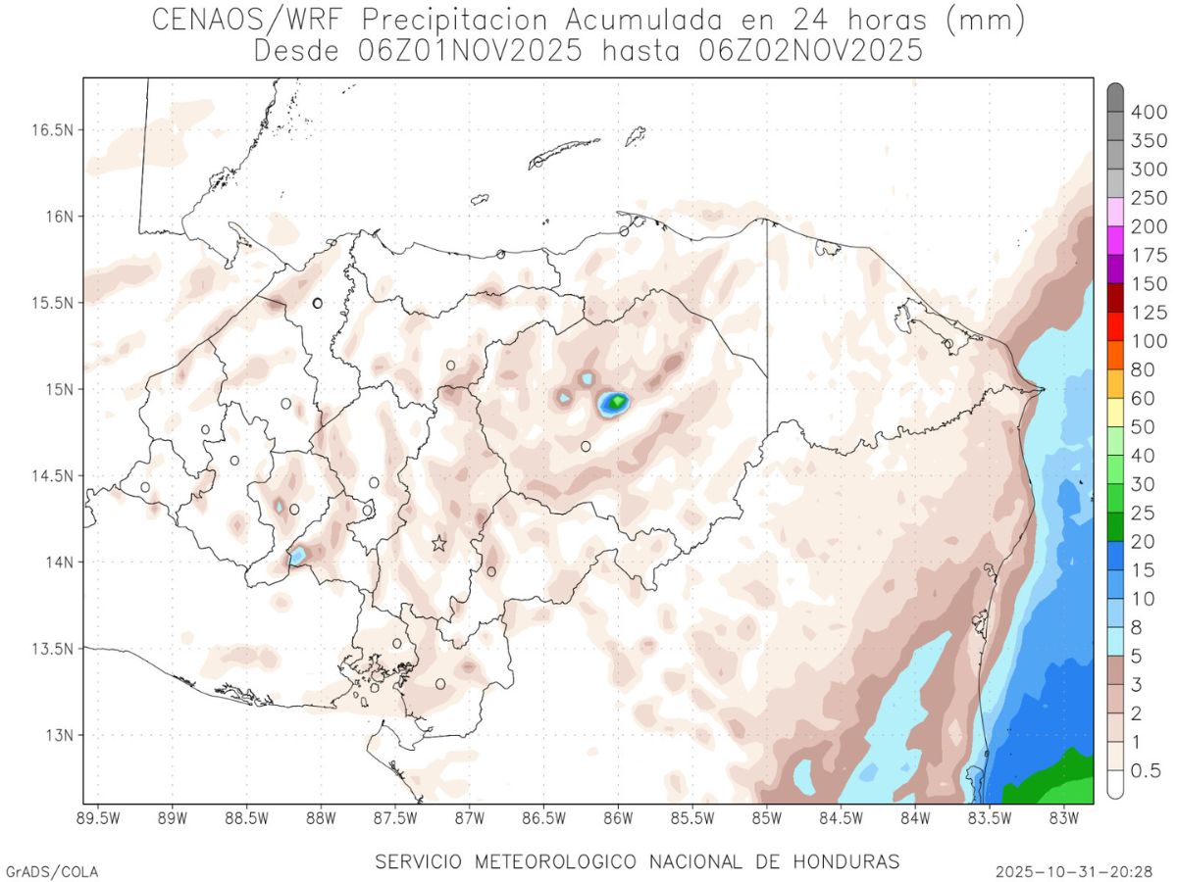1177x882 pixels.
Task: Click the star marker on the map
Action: coord(438,543)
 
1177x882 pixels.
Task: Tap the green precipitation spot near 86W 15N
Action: coord(617,401)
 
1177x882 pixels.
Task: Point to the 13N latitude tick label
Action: coord(57,735)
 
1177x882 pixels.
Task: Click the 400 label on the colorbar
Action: coord(1149,113)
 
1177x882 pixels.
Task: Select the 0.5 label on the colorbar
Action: coord(1145,771)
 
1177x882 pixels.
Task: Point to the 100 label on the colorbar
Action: coord(1149,341)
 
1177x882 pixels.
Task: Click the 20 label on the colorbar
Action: coord(1143,542)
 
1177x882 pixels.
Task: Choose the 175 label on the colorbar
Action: coord(1149,256)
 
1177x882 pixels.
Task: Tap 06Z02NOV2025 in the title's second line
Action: coord(810,51)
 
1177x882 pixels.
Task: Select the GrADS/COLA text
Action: coord(52,870)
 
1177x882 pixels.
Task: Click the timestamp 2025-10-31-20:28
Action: coord(1073,870)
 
